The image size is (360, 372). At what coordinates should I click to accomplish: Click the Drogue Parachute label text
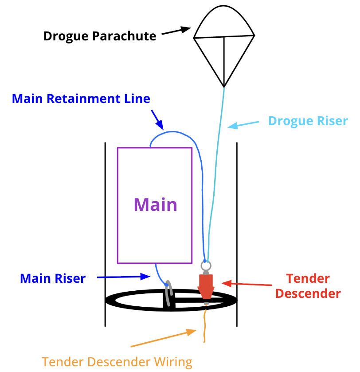tap(100, 36)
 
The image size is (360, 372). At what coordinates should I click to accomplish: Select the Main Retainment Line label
tap(81, 99)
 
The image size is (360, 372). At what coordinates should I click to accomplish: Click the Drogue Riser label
tap(308, 121)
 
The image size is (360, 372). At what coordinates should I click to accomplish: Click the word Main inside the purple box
tap(155, 205)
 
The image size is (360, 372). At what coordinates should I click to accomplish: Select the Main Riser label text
tap(53, 278)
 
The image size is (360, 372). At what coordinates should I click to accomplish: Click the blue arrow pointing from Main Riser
tap(125, 277)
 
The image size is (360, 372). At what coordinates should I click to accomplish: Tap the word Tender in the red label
tap(308, 279)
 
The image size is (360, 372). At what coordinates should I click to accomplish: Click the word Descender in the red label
tap(313, 293)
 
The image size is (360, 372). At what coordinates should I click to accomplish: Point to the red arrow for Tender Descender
tap(239, 283)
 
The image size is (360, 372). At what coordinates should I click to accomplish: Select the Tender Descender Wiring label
tap(117, 362)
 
